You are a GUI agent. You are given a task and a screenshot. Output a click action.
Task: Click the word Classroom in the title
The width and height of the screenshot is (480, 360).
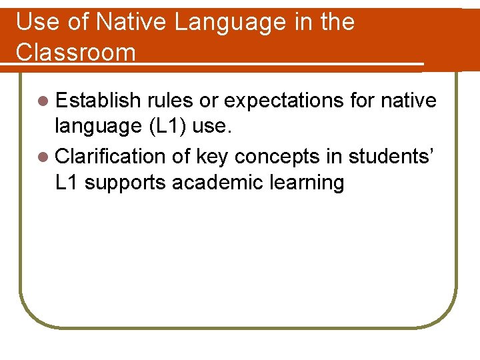75,52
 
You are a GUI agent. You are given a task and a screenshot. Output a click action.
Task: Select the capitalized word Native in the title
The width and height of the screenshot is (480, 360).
131,22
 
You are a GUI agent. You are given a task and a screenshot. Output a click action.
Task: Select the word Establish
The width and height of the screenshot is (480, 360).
98,101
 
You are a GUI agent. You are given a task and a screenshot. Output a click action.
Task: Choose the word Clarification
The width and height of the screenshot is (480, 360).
110,157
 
